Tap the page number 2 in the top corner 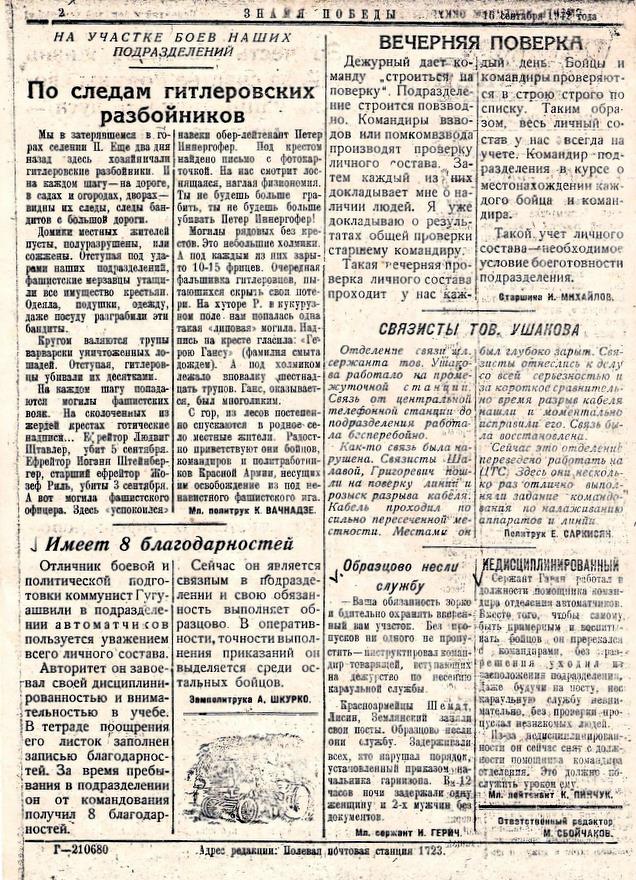coord(61,13)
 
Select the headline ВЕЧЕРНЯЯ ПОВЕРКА coord(480,42)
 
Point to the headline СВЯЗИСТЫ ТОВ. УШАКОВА coord(478,328)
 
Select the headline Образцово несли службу coord(400,576)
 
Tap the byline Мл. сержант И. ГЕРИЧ coord(423,830)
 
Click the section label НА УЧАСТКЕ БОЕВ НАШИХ coord(164,35)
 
